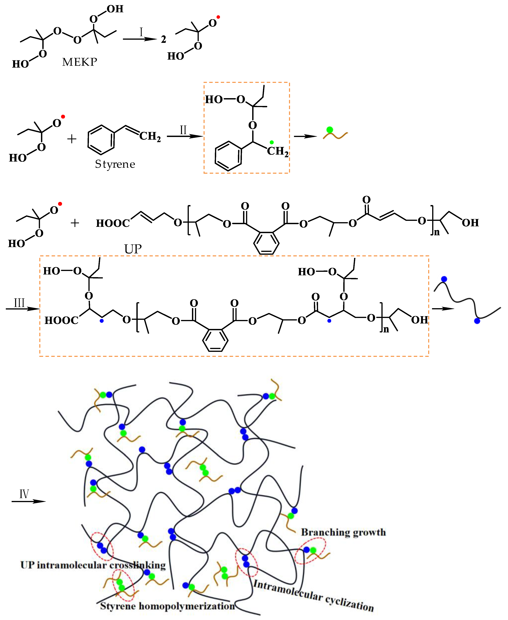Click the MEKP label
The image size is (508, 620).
(80, 62)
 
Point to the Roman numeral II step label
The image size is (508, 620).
(183, 130)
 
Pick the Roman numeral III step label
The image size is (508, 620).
(19, 303)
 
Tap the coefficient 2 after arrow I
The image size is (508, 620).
(164, 39)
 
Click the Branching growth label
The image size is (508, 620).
(343, 532)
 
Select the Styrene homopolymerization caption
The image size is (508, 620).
(167, 606)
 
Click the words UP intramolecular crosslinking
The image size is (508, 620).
(93, 565)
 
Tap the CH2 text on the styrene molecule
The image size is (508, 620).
(150, 136)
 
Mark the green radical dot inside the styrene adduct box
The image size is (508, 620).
(272, 142)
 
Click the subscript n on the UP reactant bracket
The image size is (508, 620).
(437, 232)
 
